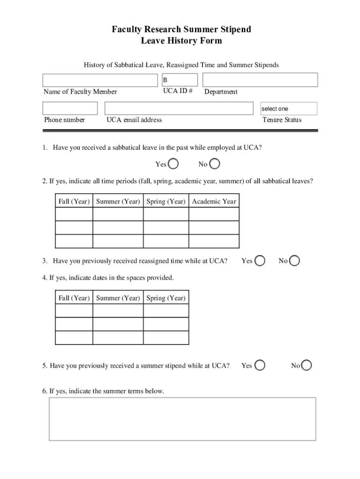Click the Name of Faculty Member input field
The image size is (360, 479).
pos(101,80)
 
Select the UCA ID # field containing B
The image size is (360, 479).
pos(180,80)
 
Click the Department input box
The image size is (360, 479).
pos(260,80)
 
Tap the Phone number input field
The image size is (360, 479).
pos(70,109)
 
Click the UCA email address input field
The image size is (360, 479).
pos(180,109)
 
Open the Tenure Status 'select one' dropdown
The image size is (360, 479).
pos(288,109)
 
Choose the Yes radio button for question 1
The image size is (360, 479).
pos(173,164)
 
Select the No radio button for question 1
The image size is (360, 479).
pos(215,164)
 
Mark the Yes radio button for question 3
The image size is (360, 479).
pos(259,261)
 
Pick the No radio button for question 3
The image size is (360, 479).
pos(295,261)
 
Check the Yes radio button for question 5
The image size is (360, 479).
pos(259,365)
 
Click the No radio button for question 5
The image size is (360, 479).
pos(307,365)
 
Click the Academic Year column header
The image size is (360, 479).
pos(214,202)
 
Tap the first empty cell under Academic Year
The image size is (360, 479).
pos(214,214)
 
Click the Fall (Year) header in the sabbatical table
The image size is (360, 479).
pos(74,202)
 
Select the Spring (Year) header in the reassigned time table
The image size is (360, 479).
pos(166,298)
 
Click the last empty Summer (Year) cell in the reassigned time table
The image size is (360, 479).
pos(118,337)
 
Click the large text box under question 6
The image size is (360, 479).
pos(182,419)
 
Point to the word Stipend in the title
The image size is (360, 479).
pos(233,29)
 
